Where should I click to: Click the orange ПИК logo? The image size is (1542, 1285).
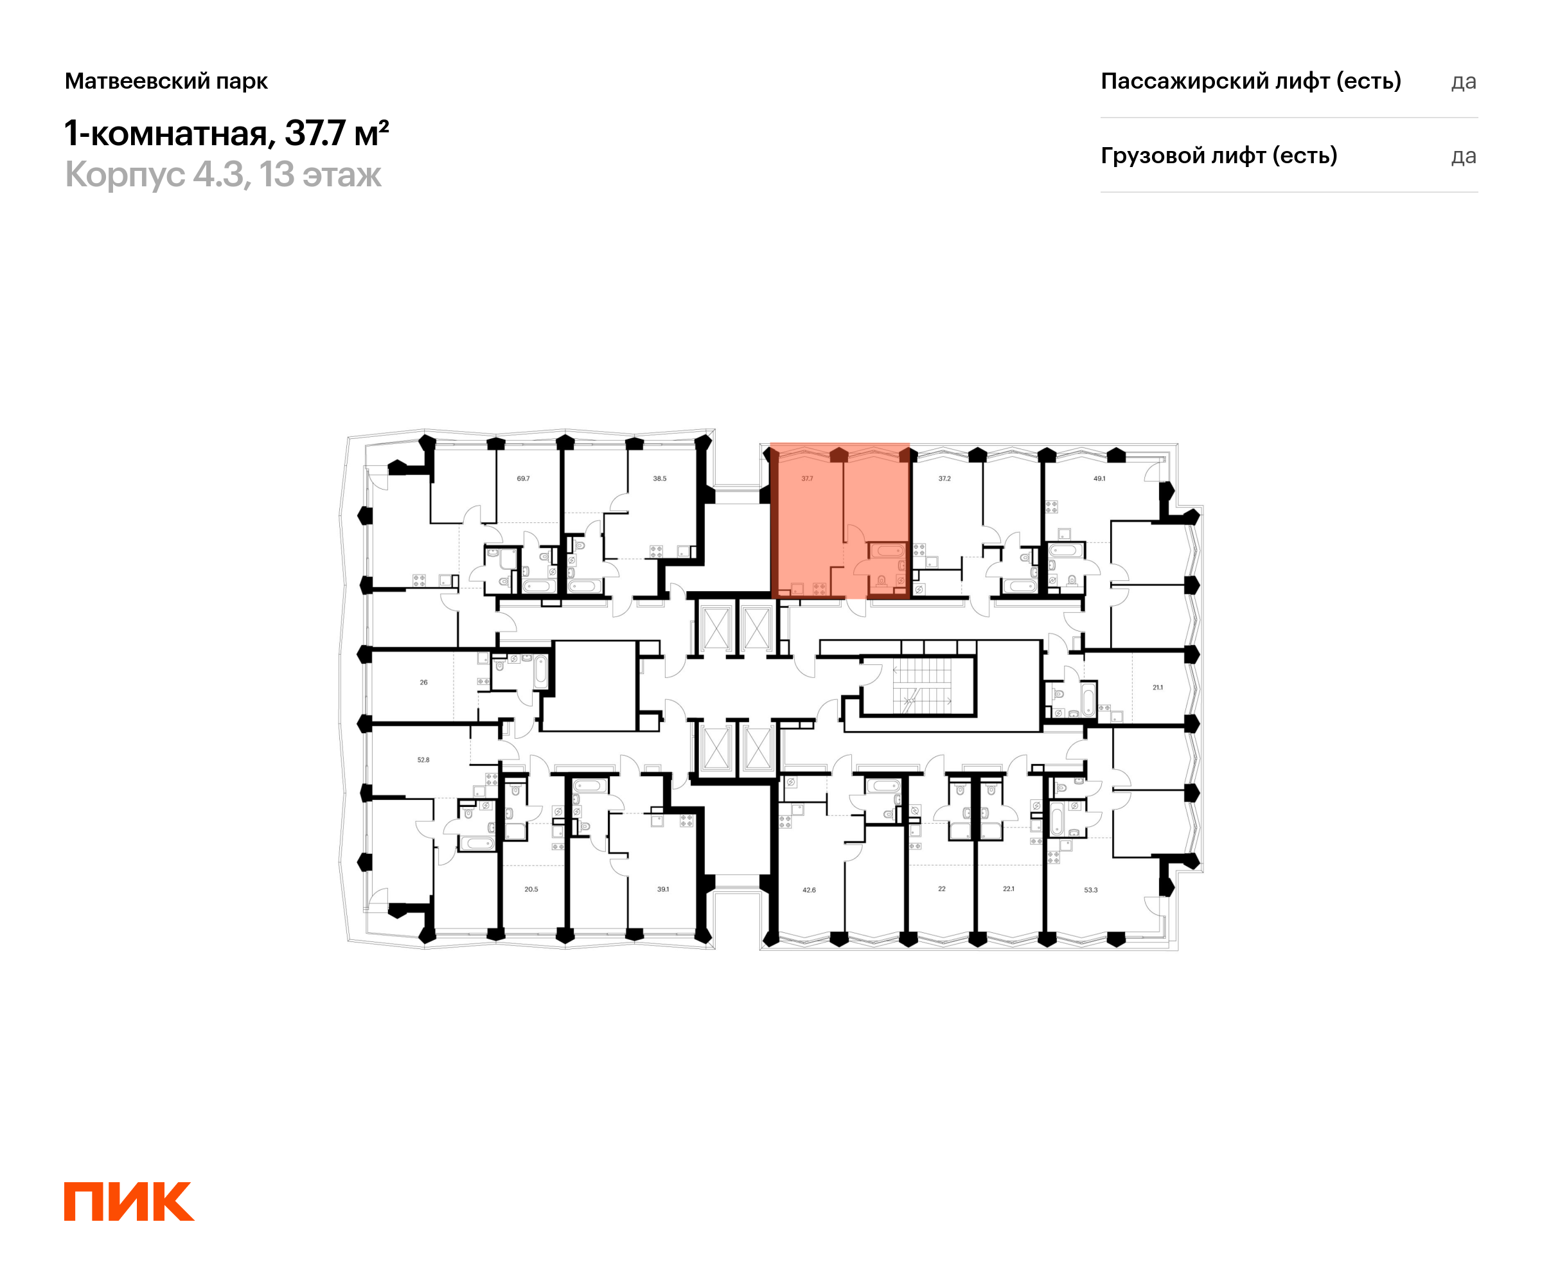[128, 1201]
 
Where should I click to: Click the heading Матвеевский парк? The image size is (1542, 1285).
[166, 81]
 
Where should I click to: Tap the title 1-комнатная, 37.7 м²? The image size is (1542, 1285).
[226, 133]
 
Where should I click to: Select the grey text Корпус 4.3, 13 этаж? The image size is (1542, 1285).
[223, 175]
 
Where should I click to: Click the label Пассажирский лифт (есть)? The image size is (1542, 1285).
[1250, 81]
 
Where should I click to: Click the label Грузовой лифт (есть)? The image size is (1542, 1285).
[1219, 155]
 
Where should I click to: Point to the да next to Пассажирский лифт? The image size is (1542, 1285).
[1464, 82]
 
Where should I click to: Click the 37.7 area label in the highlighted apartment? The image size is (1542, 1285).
[807, 479]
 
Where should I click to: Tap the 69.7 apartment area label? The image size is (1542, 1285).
[523, 479]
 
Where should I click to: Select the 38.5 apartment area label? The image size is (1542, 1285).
[660, 479]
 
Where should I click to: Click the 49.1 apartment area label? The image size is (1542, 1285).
[1099, 479]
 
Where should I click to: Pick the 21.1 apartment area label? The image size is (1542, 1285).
[1158, 688]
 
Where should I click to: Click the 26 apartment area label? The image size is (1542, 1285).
[423, 683]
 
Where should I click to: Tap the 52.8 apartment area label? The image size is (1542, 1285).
[423, 760]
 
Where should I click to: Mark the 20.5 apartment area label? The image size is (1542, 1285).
[531, 889]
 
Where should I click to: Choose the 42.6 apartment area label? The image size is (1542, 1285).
[809, 890]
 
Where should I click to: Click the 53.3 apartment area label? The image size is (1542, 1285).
[1091, 890]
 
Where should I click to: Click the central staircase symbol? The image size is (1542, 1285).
[922, 686]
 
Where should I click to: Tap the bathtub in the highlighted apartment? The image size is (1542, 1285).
[889, 551]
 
